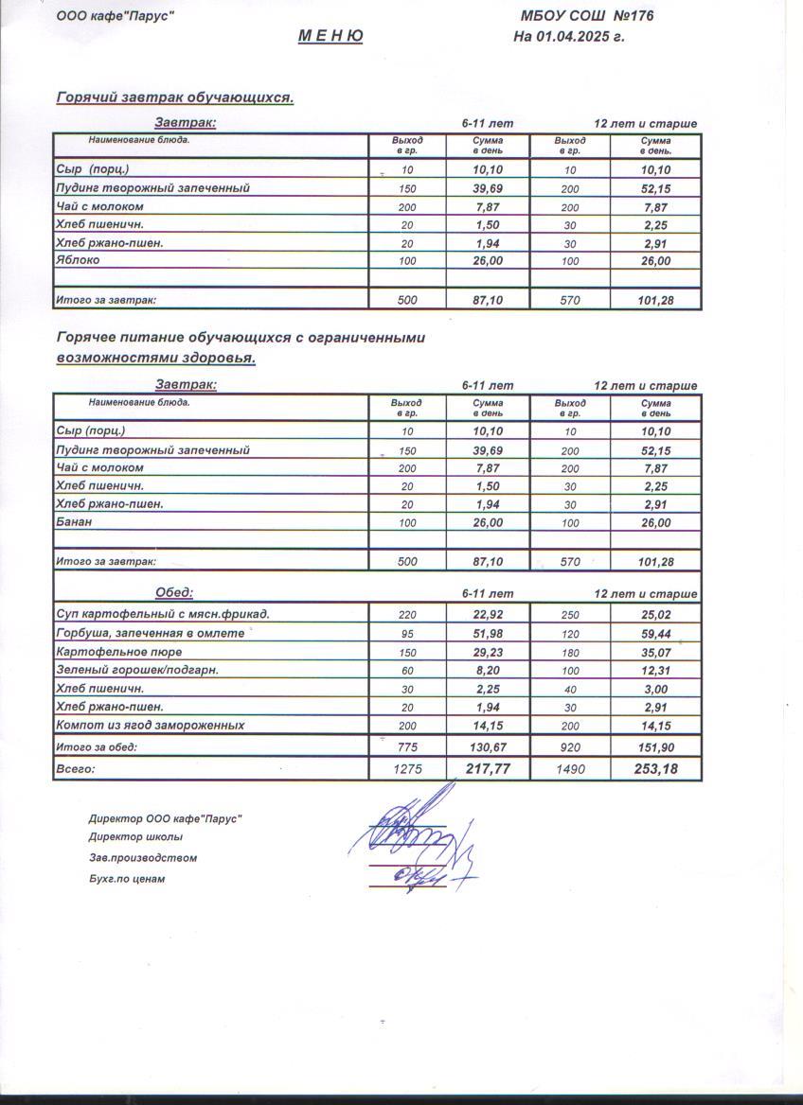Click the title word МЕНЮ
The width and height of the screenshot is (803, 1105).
(x=330, y=37)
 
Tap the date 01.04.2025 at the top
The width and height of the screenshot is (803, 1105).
(x=579, y=38)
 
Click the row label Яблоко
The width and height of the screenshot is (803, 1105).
(x=78, y=260)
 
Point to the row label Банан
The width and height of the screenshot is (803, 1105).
(x=74, y=522)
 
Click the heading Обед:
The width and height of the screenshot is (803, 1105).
(x=174, y=592)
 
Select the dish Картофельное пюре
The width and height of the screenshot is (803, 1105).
(x=119, y=653)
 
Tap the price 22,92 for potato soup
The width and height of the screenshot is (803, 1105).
(x=487, y=615)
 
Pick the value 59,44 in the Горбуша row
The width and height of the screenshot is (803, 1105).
(x=655, y=634)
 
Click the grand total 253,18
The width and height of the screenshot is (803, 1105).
(x=655, y=769)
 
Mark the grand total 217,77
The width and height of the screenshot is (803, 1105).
(x=488, y=769)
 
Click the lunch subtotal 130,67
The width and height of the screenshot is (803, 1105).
(x=488, y=747)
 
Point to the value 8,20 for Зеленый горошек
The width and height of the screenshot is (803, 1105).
(x=487, y=671)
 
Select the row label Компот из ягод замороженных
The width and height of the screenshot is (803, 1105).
(x=151, y=726)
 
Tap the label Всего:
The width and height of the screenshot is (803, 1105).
(x=76, y=770)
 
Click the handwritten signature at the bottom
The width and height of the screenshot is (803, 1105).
(x=417, y=842)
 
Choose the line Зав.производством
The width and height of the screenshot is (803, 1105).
(x=142, y=858)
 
